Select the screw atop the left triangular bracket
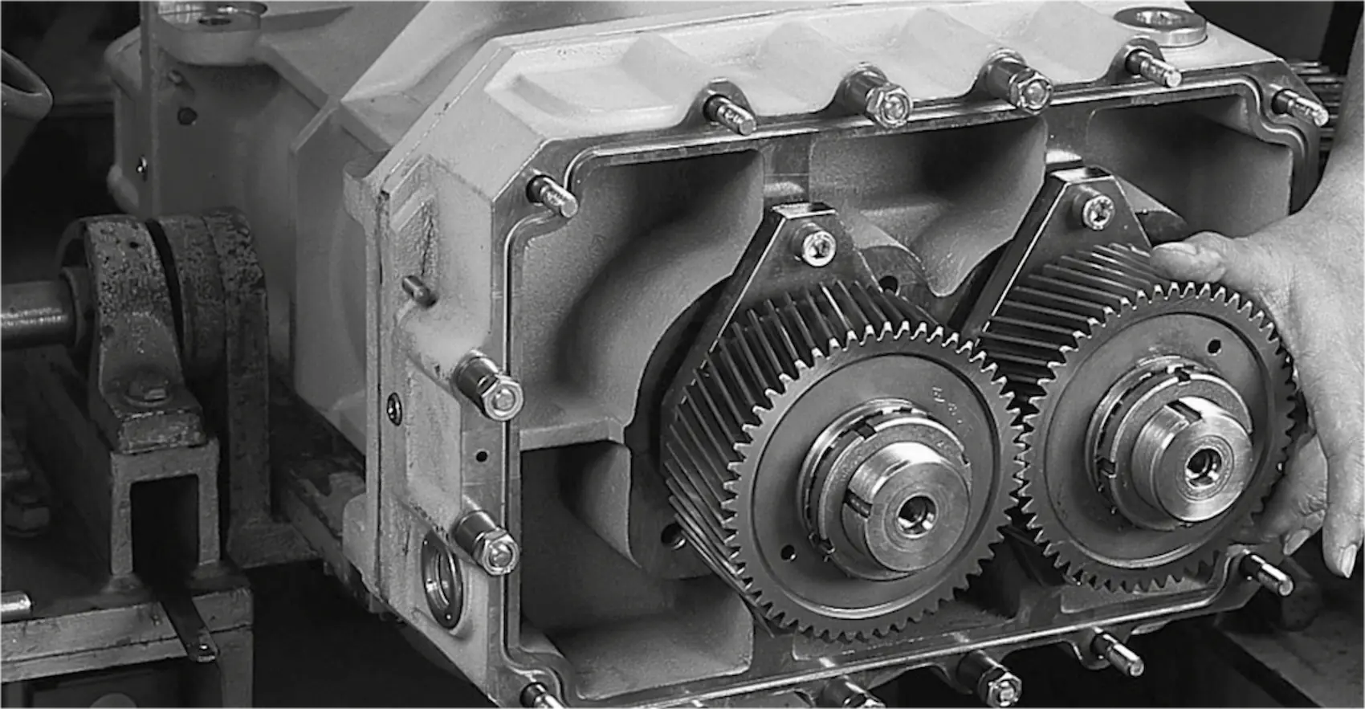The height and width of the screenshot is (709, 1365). pyautogui.click(x=817, y=245)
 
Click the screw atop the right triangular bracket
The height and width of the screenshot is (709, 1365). pyautogui.click(x=1097, y=210)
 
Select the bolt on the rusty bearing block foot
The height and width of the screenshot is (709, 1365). pyautogui.click(x=145, y=390)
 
